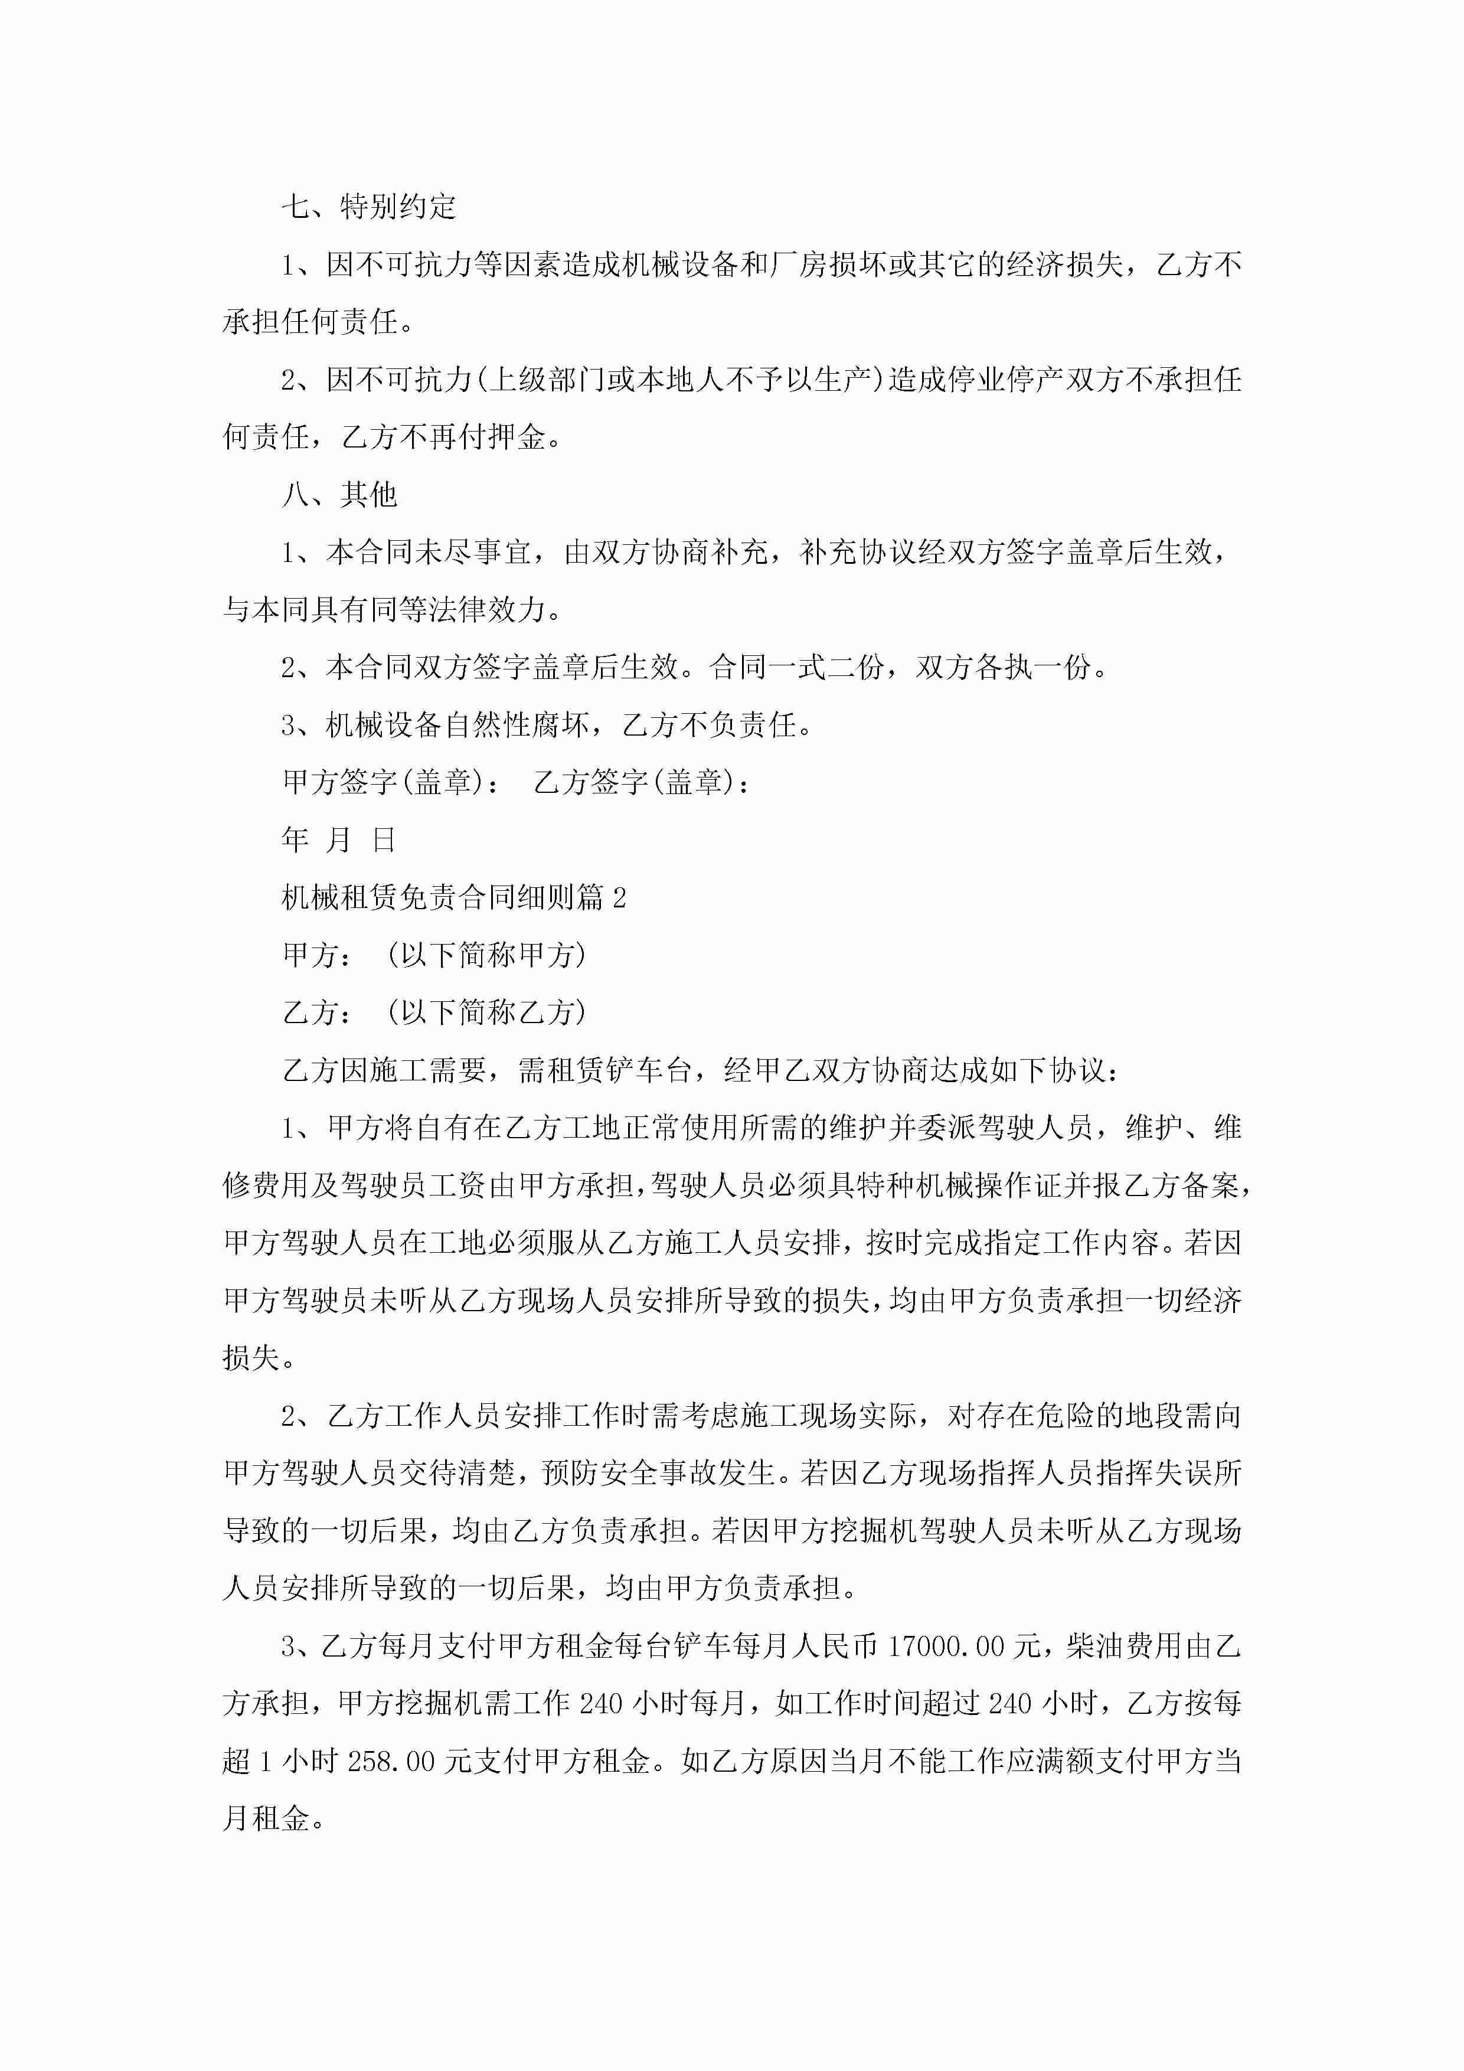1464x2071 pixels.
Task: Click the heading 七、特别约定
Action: click(369, 207)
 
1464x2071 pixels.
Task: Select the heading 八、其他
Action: click(339, 494)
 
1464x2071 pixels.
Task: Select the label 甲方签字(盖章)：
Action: click(391, 782)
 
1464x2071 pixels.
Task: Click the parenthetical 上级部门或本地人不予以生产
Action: click(678, 380)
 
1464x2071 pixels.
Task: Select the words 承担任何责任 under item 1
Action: click(309, 322)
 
